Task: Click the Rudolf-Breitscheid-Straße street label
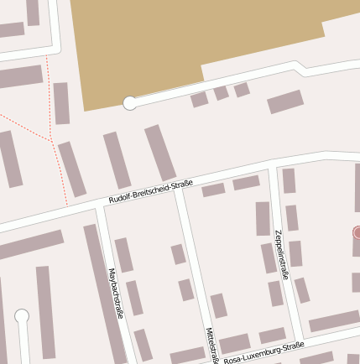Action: [151, 192]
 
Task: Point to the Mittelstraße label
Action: [211, 345]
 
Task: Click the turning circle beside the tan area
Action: [130, 103]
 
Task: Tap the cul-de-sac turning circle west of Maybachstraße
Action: [22, 316]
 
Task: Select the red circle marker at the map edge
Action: [357, 232]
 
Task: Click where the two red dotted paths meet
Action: [52, 138]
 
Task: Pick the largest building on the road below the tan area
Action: [285, 101]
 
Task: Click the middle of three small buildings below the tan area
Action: [221, 92]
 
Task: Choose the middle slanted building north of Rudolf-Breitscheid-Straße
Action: [117, 159]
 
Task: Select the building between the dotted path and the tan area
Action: [61, 103]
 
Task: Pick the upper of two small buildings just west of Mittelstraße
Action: [178, 254]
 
